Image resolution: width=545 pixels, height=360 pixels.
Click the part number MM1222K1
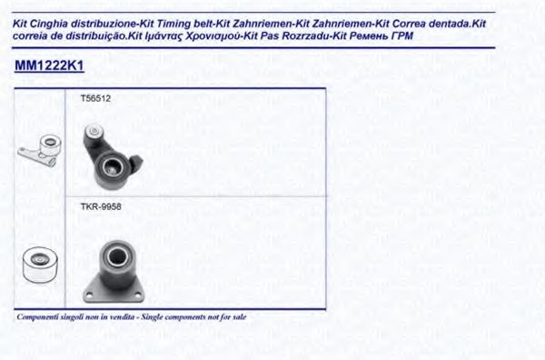[x=49, y=65]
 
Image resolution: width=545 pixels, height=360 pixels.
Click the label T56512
[x=95, y=98]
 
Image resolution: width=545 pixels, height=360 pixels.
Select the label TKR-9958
[x=101, y=207]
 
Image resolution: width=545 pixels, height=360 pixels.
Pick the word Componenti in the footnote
[x=38, y=317]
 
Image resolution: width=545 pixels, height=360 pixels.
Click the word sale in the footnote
[x=240, y=317]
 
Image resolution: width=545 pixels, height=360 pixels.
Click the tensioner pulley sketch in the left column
[x=40, y=151]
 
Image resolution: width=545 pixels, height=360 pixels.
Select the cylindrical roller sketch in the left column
[x=40, y=264]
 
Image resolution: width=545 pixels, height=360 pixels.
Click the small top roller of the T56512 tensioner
[x=94, y=131]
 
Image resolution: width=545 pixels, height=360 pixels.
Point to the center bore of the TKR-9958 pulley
[x=115, y=256]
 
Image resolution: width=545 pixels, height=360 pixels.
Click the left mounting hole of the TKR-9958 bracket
[x=89, y=295]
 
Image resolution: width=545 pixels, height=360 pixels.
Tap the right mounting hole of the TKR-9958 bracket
[x=139, y=295]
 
